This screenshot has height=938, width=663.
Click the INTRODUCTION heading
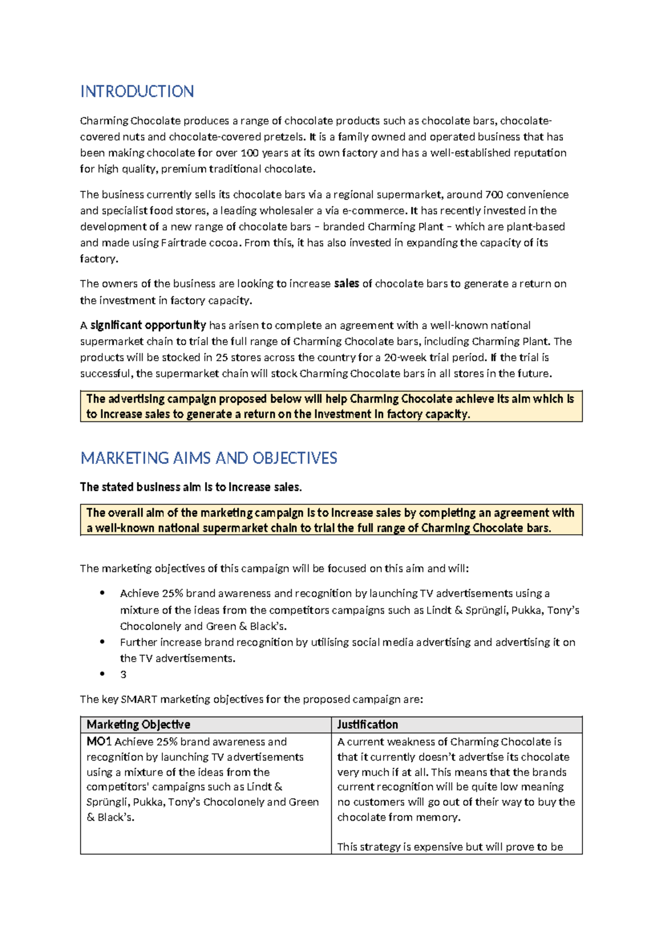[137, 91]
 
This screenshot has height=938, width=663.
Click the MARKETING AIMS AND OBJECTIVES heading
[209, 458]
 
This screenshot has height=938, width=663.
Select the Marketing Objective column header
[139, 725]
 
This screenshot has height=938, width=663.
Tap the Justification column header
[367, 725]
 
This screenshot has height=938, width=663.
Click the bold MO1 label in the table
[99, 742]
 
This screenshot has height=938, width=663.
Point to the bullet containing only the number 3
[123, 675]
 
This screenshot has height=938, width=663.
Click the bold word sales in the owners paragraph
[346, 284]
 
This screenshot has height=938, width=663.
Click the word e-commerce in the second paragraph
[374, 211]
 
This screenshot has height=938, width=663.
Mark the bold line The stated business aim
[191, 487]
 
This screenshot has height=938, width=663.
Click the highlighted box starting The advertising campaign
[331, 407]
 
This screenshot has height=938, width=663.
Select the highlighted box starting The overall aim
[331, 520]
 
